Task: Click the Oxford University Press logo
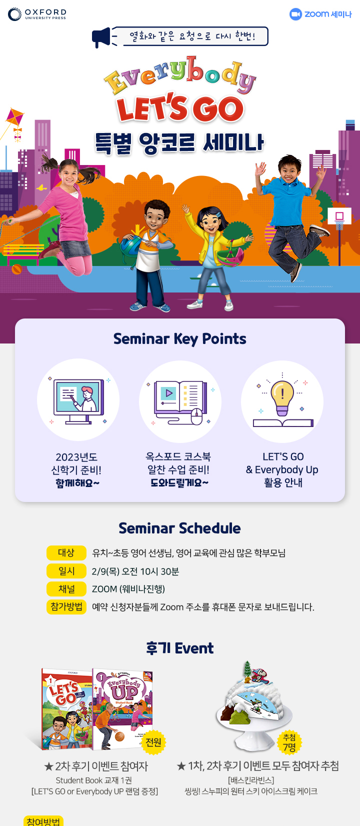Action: pyautogui.click(x=37, y=14)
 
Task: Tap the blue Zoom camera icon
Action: pyautogui.click(x=295, y=14)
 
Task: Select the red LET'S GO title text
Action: pyautogui.click(x=180, y=108)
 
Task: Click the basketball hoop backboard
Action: pyautogui.click(x=339, y=215)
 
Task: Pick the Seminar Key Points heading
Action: pyautogui.click(x=179, y=339)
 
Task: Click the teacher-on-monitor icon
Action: pyautogui.click(x=78, y=399)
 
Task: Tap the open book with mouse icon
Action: pyautogui.click(x=180, y=401)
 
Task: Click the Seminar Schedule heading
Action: pyautogui.click(x=179, y=528)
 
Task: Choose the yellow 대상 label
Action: pyautogui.click(x=66, y=553)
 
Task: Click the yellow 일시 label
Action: pyautogui.click(x=66, y=571)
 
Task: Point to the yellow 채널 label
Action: pyautogui.click(x=66, y=589)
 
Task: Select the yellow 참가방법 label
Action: pyautogui.click(x=66, y=607)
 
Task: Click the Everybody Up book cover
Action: pyautogui.click(x=122, y=708)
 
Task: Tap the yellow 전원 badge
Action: pyautogui.click(x=153, y=742)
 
